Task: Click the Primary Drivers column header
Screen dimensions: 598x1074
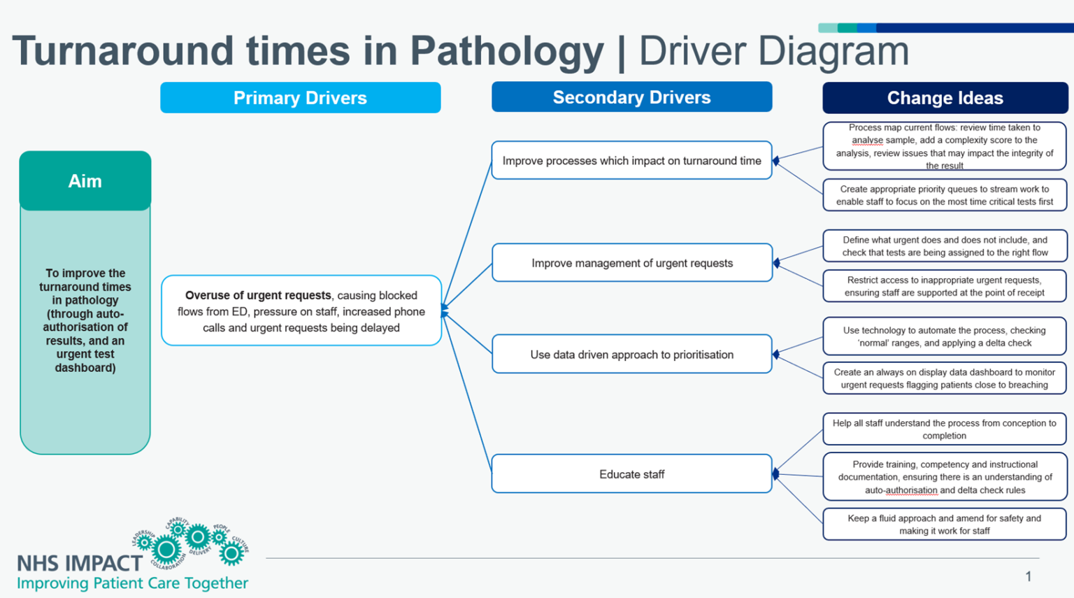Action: [300, 98]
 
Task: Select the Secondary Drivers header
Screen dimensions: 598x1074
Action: [631, 97]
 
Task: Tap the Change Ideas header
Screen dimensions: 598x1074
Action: [945, 98]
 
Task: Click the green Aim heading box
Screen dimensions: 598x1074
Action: [85, 181]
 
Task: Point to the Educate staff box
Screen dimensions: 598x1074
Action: [631, 474]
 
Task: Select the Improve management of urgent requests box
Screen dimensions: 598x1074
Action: [631, 263]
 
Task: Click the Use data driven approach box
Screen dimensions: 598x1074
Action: [631, 355]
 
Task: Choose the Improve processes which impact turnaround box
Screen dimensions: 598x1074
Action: [631, 161]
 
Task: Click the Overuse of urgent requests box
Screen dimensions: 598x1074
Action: [301, 311]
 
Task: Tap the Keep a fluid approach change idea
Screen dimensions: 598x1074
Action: [944, 525]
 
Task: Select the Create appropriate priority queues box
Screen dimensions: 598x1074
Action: [944, 195]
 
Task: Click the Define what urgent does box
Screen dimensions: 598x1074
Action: [944, 246]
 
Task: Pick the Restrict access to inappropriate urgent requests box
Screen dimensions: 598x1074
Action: [944, 286]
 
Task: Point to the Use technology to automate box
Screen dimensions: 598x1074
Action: [944, 336]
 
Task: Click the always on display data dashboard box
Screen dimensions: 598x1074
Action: [944, 378]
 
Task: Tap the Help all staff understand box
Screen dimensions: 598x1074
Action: [944, 429]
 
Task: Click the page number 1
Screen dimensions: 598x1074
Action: [1028, 576]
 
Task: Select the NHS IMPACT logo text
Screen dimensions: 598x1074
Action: [79, 563]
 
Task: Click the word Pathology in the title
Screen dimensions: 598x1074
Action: [506, 51]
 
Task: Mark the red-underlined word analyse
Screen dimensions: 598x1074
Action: [867, 141]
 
